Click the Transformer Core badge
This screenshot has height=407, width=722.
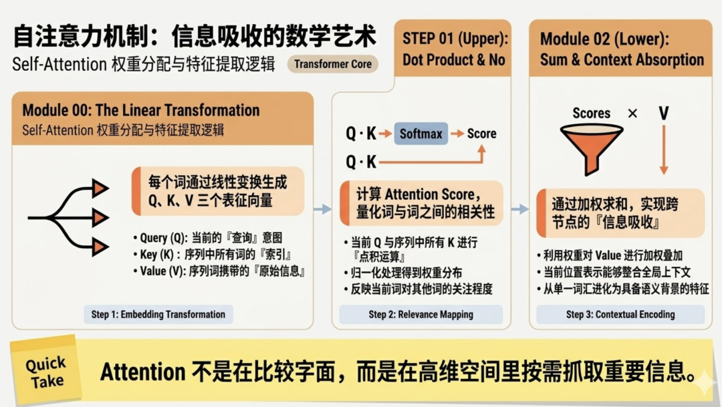pyautogui.click(x=333, y=64)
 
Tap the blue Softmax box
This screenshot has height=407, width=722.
pyautogui.click(x=421, y=134)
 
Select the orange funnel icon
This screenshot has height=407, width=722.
pyautogui.click(x=592, y=149)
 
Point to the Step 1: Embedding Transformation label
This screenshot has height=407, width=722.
pyautogui.click(x=158, y=315)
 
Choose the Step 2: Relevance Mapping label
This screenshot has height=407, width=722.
pyautogui.click(x=421, y=315)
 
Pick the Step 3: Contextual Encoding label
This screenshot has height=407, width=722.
pyautogui.click(x=620, y=315)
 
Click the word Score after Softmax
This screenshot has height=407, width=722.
pyautogui.click(x=481, y=134)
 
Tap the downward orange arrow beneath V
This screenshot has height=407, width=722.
pyautogui.click(x=664, y=150)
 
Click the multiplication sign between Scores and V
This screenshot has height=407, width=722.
pyautogui.click(x=632, y=113)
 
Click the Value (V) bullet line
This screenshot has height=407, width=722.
pyautogui.click(x=220, y=271)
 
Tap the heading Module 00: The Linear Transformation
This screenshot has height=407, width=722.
pyautogui.click(x=141, y=110)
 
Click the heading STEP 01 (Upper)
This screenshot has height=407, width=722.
pyautogui.click(x=455, y=39)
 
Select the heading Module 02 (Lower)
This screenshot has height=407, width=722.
pyautogui.click(x=604, y=39)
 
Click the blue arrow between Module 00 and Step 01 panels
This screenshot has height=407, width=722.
pyautogui.click(x=322, y=209)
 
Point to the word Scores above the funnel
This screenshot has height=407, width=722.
pyautogui.click(x=591, y=113)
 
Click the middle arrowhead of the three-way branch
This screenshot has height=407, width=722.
pyautogui.click(x=100, y=217)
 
